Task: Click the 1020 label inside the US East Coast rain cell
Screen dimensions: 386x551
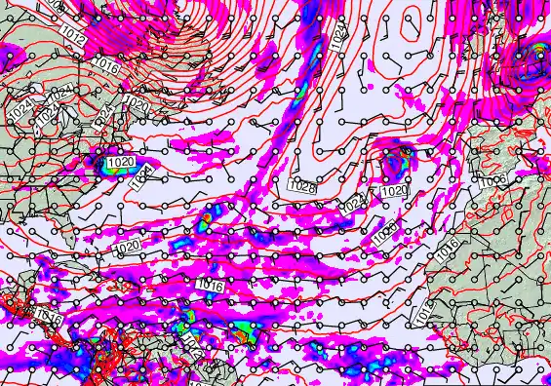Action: pyautogui.click(x=121, y=162)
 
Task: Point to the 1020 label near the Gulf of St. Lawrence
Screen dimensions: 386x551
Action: pyautogui.click(x=137, y=104)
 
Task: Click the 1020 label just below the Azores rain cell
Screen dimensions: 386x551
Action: pyautogui.click(x=393, y=191)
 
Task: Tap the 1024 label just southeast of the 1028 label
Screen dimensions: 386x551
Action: pyautogui.click(x=353, y=204)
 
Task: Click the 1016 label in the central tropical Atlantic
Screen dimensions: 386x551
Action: pyautogui.click(x=210, y=285)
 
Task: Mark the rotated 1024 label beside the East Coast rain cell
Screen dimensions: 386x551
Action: pyautogui.click(x=142, y=174)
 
